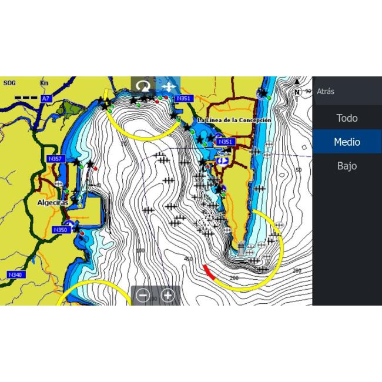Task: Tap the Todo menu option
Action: point(347,118)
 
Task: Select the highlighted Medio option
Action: point(347,142)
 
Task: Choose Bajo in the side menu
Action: point(347,166)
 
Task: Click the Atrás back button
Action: point(326,92)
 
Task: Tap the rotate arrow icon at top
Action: point(143,86)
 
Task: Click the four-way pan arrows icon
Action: point(168,86)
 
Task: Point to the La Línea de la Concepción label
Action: point(234,120)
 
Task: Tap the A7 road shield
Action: point(46,99)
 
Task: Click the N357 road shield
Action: point(55,159)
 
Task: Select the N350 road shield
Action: point(61,230)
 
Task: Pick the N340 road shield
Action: point(15,274)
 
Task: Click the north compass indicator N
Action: point(297,92)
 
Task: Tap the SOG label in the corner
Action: point(9,83)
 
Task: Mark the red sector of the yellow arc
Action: point(209,272)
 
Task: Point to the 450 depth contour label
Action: point(188,259)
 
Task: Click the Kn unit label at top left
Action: point(44,83)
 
